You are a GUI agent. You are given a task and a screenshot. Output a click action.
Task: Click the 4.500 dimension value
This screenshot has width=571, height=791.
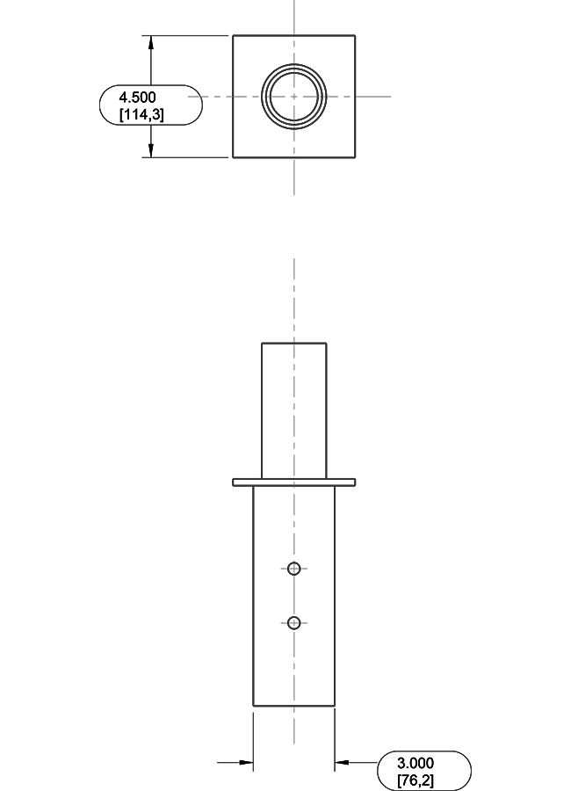[141, 98]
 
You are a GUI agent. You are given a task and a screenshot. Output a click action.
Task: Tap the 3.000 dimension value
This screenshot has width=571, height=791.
[415, 763]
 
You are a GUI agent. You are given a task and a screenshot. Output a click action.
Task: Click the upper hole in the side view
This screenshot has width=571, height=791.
[294, 569]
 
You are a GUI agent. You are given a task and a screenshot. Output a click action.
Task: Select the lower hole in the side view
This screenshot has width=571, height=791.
[294, 623]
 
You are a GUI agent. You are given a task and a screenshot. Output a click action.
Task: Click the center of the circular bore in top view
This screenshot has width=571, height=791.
[293, 96]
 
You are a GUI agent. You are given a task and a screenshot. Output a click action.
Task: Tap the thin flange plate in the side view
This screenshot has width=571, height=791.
[293, 483]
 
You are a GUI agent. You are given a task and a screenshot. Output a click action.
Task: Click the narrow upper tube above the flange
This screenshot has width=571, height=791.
[293, 410]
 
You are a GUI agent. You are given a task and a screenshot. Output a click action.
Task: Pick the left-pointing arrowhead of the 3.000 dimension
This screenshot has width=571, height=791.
[342, 762]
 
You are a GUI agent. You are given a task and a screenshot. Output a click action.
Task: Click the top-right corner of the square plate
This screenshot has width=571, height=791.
[355, 36]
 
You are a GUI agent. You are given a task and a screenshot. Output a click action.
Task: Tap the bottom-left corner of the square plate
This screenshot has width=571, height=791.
[233, 157]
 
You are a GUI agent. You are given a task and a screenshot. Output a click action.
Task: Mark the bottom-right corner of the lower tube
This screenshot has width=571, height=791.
[335, 705]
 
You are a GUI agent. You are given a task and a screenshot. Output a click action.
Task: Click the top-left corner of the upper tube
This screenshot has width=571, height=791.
[262, 343]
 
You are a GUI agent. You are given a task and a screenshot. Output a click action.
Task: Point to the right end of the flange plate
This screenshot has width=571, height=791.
[355, 483]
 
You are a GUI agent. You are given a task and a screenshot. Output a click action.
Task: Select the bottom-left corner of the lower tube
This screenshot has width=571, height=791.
[253, 705]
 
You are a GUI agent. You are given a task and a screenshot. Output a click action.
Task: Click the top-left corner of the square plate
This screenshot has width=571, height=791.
[233, 36]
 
